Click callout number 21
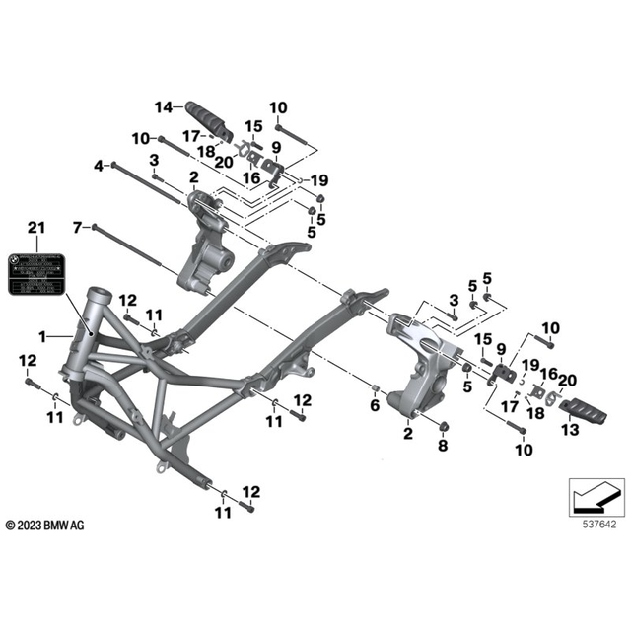35,229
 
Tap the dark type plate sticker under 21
36,270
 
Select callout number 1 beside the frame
44,337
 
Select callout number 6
375,405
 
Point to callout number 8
442,446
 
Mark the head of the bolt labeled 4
116,164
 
